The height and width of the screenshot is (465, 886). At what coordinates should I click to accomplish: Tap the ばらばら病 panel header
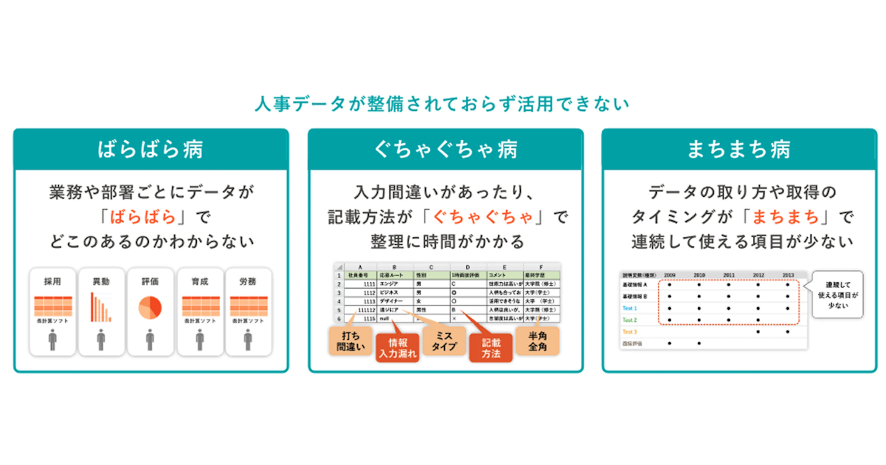pyautogui.click(x=151, y=149)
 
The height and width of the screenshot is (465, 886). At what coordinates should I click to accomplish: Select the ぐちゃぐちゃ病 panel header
pyautogui.click(x=446, y=149)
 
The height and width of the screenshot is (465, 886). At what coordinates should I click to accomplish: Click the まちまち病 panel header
pyautogui.click(x=739, y=149)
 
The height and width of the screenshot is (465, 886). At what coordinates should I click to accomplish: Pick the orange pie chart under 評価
pyautogui.click(x=150, y=307)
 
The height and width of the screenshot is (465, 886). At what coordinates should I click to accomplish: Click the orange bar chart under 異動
pyautogui.click(x=101, y=307)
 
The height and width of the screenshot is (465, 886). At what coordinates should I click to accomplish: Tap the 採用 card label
pyautogui.click(x=52, y=282)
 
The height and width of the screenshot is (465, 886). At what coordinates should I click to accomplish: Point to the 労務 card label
pyautogui.click(x=248, y=282)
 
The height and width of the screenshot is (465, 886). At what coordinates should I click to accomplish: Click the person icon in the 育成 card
pyautogui.click(x=200, y=340)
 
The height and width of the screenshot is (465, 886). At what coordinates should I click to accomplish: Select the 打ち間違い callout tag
pyautogui.click(x=350, y=341)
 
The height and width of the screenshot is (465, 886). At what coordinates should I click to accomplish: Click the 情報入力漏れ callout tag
pyautogui.click(x=398, y=348)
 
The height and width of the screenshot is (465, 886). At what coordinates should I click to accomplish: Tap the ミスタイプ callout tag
pyautogui.click(x=444, y=341)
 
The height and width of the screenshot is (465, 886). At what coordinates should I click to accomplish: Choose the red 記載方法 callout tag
pyautogui.click(x=491, y=348)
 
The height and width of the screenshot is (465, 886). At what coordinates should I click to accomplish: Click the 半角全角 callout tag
pyautogui.click(x=538, y=341)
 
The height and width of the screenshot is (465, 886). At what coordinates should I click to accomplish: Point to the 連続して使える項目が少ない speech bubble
pyautogui.click(x=838, y=295)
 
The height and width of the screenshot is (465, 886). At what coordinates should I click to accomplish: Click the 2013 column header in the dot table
pyautogui.click(x=788, y=275)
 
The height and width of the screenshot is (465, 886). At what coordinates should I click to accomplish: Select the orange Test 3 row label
pyautogui.click(x=629, y=332)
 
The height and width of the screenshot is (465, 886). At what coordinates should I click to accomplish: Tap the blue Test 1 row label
pyautogui.click(x=629, y=308)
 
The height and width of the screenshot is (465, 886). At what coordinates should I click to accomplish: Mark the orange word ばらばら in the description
pyautogui.click(x=143, y=217)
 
